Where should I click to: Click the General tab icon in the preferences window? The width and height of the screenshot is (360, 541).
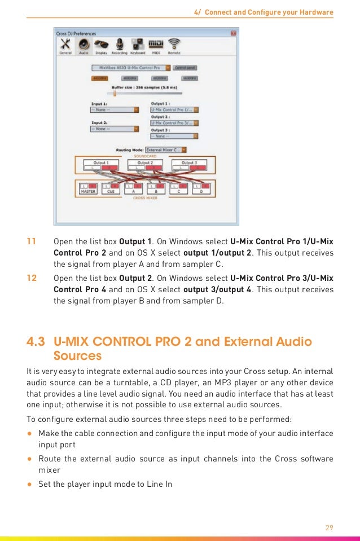point(65,45)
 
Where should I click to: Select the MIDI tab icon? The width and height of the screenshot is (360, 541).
point(156,45)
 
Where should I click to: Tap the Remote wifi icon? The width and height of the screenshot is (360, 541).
point(175,45)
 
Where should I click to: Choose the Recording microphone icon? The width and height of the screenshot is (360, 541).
point(120,45)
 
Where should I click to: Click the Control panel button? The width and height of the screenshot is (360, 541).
point(185,67)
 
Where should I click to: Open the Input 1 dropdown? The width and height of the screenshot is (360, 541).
point(115,110)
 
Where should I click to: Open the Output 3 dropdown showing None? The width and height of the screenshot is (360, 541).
point(174,135)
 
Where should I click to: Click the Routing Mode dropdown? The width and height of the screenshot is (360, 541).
point(166,150)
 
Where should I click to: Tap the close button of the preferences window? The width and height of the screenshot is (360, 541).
point(234,34)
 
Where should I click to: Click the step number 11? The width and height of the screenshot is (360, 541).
point(32,242)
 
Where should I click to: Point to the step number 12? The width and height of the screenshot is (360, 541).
point(32,279)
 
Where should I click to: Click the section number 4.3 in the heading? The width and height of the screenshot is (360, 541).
point(37,342)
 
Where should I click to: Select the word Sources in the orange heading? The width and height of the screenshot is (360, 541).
point(77,356)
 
